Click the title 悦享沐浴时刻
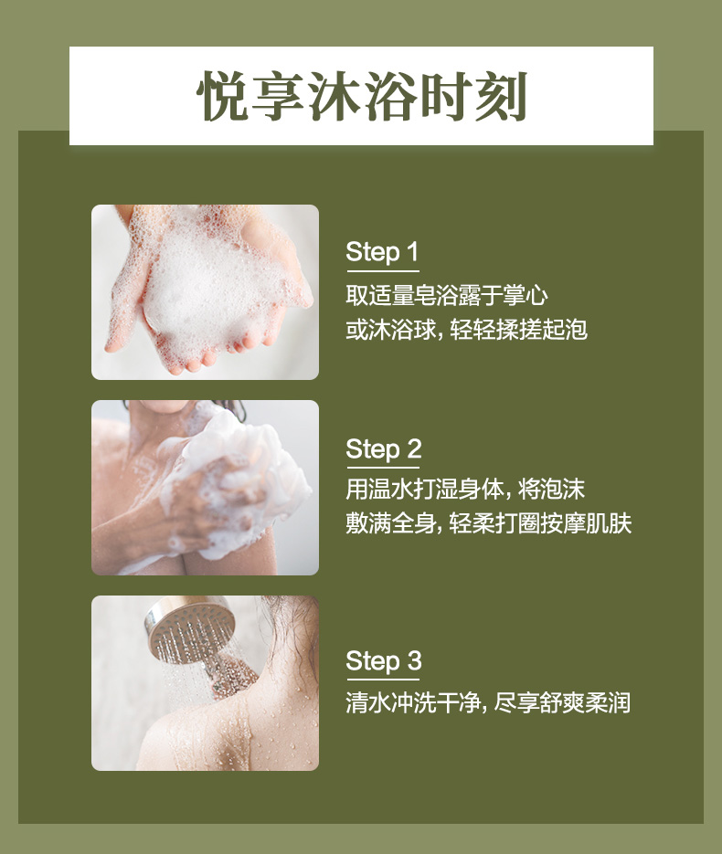coord(361,97)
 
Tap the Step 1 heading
coord(382,252)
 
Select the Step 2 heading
coord(384,449)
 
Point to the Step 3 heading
coord(384,661)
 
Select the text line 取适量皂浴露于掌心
coord(447,295)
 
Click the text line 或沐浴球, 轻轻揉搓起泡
coord(466,329)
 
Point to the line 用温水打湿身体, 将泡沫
coord(465,489)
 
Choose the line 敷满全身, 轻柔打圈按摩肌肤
coord(489,522)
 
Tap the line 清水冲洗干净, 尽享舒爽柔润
coord(488,702)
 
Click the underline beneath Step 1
coord(383,270)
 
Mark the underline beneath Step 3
coord(383,680)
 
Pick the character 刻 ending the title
coord(502,97)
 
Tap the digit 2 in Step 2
coord(414,448)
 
